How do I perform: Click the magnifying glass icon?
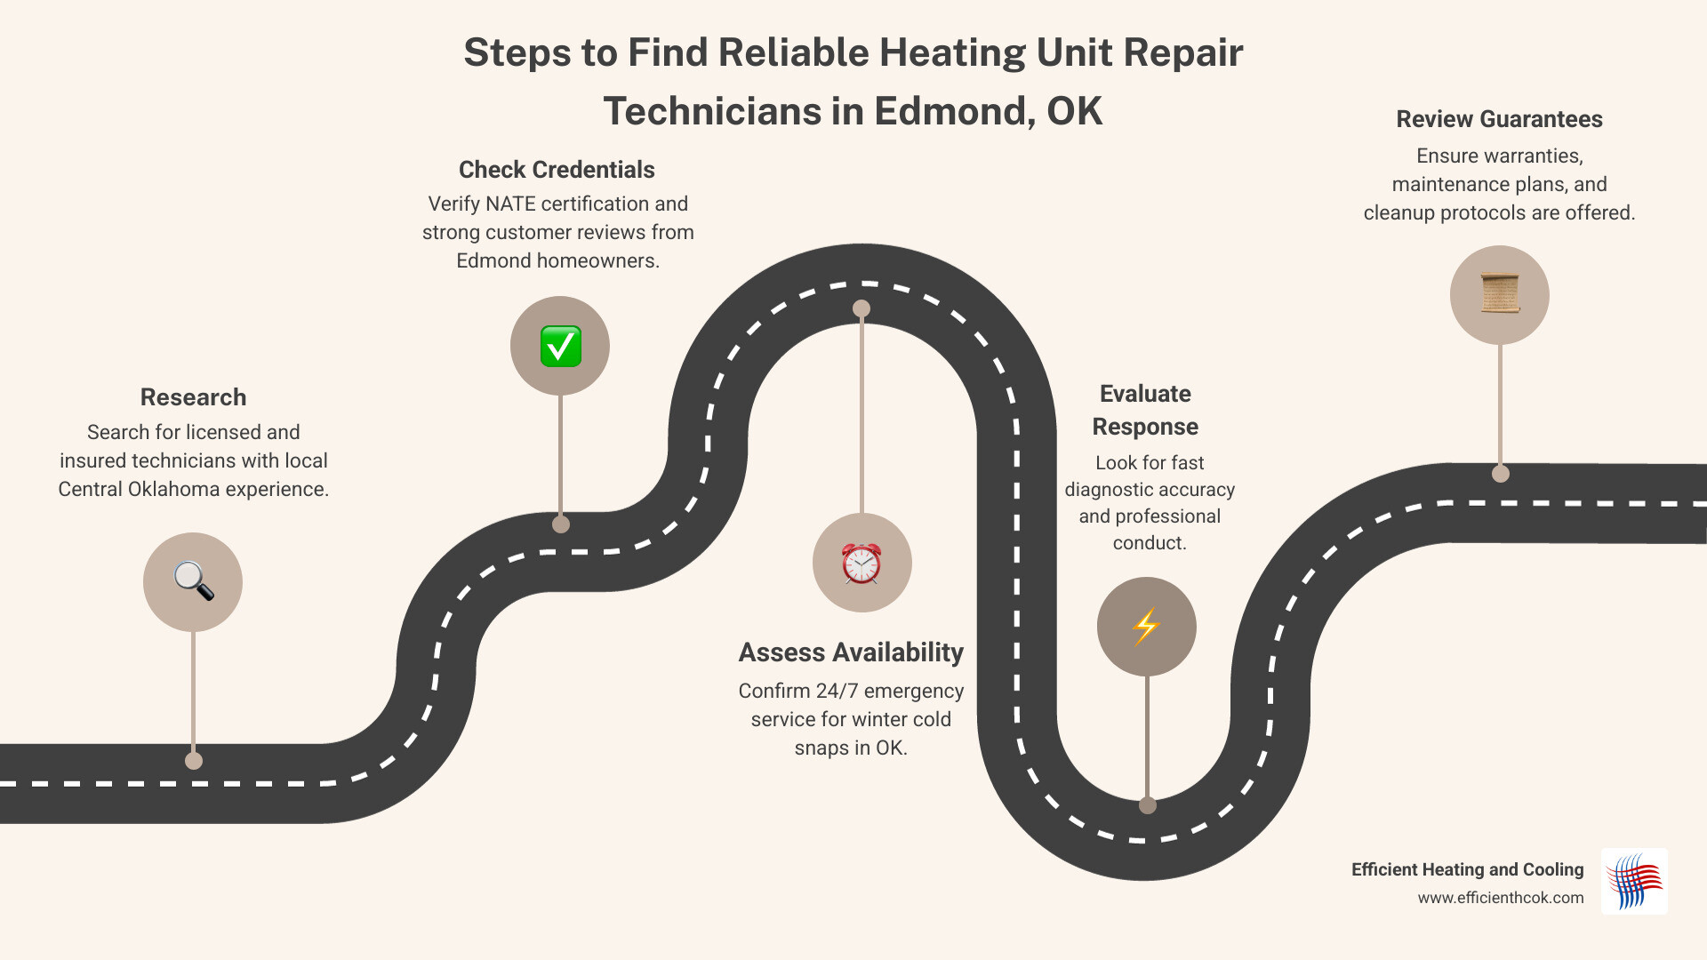[x=193, y=581]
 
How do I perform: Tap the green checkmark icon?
[x=560, y=346]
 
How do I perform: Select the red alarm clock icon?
[x=862, y=563]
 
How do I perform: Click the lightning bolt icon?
[x=1146, y=627]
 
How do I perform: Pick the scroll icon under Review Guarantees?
[x=1499, y=294]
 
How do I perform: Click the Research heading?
[x=193, y=397]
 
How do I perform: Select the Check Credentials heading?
[x=557, y=170]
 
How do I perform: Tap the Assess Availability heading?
[x=851, y=652]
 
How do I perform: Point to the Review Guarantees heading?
[x=1499, y=119]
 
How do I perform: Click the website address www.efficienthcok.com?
[x=1500, y=898]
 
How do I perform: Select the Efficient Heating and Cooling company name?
[x=1467, y=869]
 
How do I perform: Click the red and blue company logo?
[x=1634, y=881]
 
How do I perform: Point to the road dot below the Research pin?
[x=194, y=761]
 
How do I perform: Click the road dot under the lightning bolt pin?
[x=1147, y=805]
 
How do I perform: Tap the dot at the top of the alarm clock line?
[x=862, y=308]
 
